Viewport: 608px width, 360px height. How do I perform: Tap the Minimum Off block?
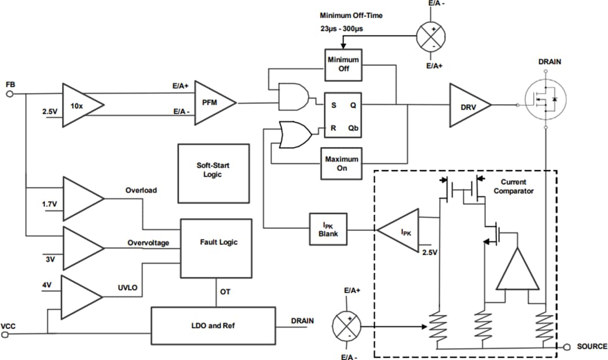pos(343,64)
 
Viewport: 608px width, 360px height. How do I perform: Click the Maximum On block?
pos(341,163)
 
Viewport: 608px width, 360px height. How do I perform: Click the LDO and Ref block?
pos(213,326)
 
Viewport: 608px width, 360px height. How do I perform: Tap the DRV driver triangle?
pos(467,105)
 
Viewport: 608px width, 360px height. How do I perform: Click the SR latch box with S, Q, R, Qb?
pos(341,115)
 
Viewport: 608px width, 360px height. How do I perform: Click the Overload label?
pos(141,190)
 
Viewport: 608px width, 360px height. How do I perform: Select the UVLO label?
pos(127,288)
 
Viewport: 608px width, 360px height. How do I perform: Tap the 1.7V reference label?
pos(50,204)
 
